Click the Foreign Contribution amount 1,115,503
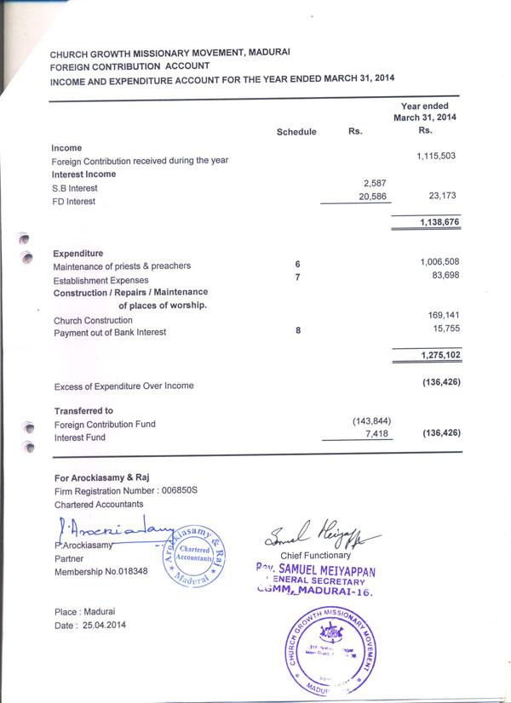click(x=437, y=156)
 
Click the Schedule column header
click(x=296, y=132)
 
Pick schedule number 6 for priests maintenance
click(x=297, y=265)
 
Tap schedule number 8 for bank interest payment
click(x=297, y=329)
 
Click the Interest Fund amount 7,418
click(x=375, y=434)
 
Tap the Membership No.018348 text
click(x=100, y=571)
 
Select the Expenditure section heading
click(x=78, y=254)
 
